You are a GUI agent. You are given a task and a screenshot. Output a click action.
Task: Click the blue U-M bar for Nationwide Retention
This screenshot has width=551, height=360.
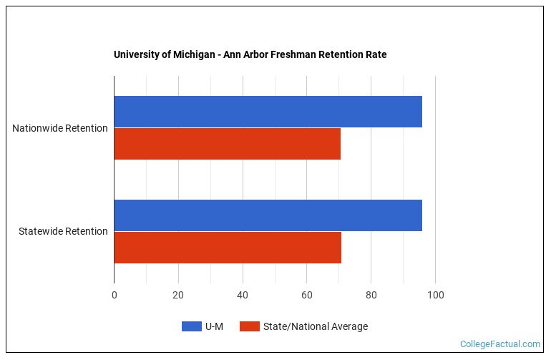pyautogui.click(x=268, y=112)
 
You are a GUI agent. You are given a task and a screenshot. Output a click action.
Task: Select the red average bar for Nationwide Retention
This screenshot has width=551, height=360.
pyautogui.click(x=227, y=144)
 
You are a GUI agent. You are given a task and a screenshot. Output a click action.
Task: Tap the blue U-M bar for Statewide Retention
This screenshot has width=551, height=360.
pyautogui.click(x=268, y=215)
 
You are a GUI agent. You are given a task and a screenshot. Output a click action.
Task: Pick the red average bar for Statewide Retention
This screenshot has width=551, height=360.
pyautogui.click(x=228, y=248)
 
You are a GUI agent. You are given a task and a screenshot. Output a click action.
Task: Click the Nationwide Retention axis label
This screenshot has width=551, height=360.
pyautogui.click(x=60, y=128)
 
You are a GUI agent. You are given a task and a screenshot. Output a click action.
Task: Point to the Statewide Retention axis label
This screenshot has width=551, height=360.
pyautogui.click(x=63, y=231)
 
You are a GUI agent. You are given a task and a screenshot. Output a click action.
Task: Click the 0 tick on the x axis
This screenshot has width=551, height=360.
pyautogui.click(x=114, y=295)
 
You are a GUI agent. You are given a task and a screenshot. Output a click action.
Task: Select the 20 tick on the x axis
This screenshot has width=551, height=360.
pyautogui.click(x=178, y=295)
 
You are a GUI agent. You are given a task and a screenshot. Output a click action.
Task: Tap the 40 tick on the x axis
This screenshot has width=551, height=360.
pyautogui.click(x=243, y=295)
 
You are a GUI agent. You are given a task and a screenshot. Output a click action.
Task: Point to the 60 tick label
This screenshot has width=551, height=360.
pyautogui.click(x=307, y=295)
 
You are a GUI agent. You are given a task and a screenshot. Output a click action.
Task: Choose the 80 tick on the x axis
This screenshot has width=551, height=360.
pyautogui.click(x=371, y=295)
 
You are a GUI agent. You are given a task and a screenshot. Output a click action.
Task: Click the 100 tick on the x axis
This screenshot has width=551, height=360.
pyautogui.click(x=435, y=295)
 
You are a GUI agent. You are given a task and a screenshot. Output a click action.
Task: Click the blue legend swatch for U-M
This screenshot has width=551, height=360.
pyautogui.click(x=191, y=327)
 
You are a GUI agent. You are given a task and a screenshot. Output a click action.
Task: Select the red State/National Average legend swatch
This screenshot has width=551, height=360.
pyautogui.click(x=249, y=327)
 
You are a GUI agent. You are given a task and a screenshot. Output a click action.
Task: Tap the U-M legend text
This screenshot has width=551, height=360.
pyautogui.click(x=214, y=327)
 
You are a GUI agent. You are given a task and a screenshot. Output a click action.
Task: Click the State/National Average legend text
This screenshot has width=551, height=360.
pyautogui.click(x=315, y=327)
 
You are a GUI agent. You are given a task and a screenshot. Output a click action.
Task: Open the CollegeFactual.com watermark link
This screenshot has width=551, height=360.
pyautogui.click(x=499, y=344)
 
